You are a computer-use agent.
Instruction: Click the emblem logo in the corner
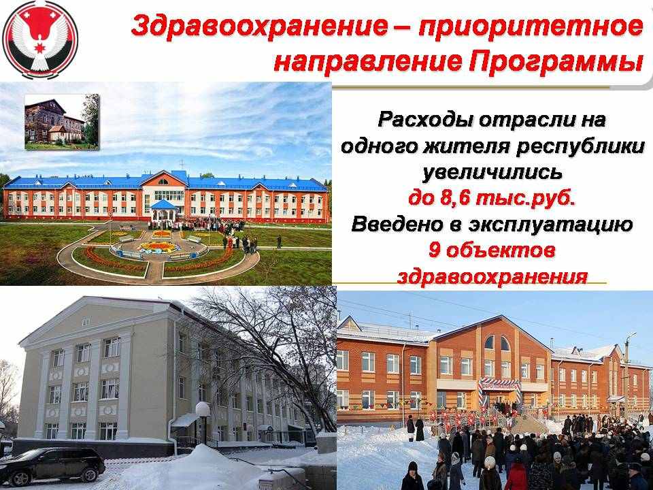coord(40,40)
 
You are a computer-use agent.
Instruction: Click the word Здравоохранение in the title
coord(259,27)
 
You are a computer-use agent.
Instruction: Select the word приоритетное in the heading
coord(531,27)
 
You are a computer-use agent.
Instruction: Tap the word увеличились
coord(492,172)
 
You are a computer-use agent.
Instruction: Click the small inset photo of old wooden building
coord(62,122)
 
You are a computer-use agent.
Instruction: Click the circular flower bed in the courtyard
coord(161,246)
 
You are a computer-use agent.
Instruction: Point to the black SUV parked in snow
coord(52,465)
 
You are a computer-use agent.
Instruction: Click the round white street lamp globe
coord(203,409)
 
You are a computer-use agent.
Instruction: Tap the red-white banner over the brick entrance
coord(499,384)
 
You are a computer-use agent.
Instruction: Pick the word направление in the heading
coord(368,63)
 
